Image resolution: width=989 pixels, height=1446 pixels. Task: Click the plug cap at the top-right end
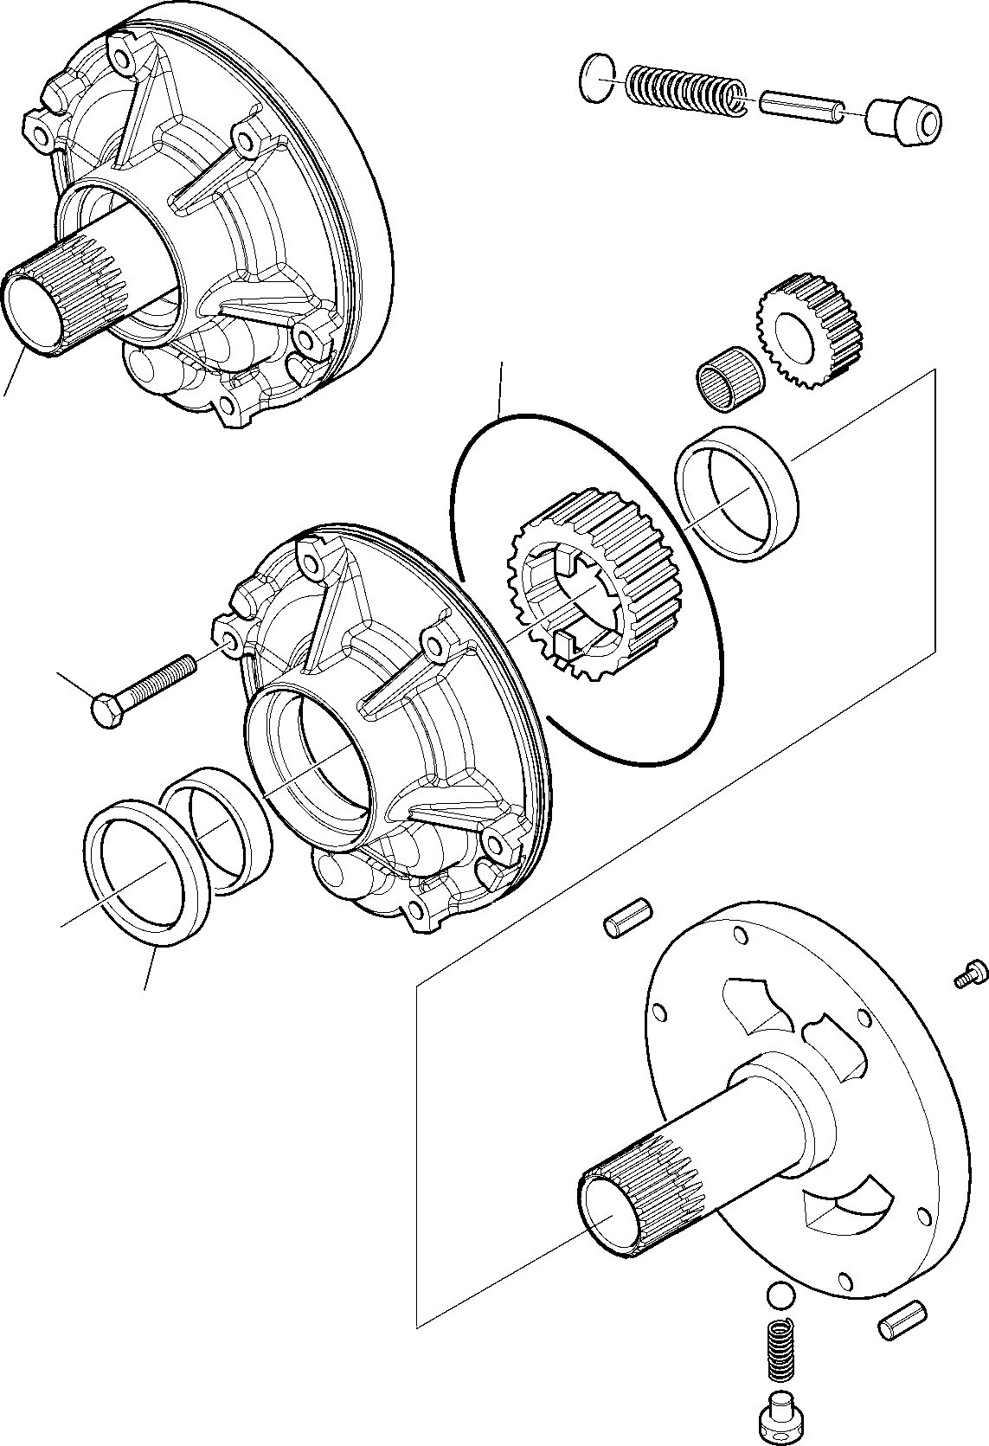point(903,123)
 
